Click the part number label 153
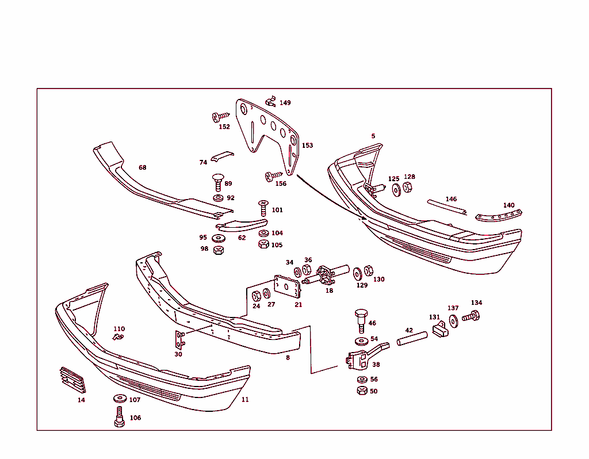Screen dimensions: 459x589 pos(308,146)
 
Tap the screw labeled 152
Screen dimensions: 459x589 pos(220,117)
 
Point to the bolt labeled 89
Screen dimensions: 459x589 pos(218,181)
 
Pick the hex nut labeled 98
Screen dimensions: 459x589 pos(218,250)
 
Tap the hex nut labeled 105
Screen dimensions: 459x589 pos(263,244)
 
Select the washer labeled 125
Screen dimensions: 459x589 pos(396,189)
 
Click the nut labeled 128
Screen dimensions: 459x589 pos(407,188)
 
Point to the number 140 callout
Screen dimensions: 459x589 pos(508,205)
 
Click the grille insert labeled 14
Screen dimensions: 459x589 pos(72,380)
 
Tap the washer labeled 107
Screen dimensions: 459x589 pos(120,399)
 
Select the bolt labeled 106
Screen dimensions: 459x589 pos(119,417)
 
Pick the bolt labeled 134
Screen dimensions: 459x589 pos(473,315)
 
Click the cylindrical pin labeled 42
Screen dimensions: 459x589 pos(412,338)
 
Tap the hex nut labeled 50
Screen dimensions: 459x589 pos(361,391)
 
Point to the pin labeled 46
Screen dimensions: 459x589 pos(361,319)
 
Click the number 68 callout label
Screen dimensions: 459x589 pos(143,168)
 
